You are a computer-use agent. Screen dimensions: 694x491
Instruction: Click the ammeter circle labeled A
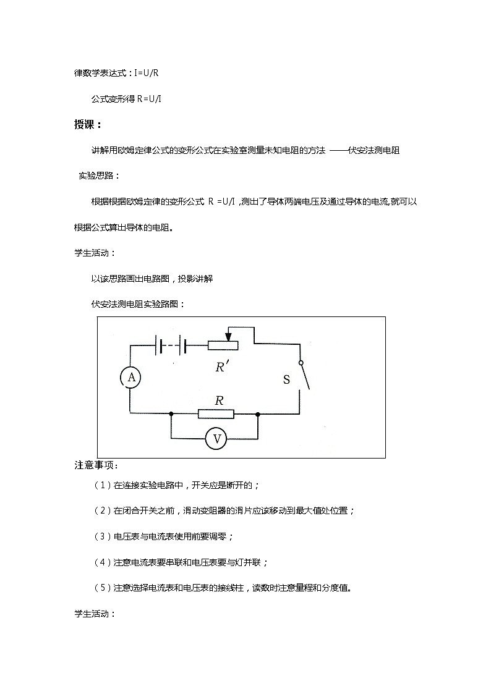tap(130, 377)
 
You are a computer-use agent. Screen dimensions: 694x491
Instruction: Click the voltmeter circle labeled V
tap(217, 439)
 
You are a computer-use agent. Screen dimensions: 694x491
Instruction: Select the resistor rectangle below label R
tap(216, 413)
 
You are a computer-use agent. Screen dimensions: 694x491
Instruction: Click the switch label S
tap(286, 380)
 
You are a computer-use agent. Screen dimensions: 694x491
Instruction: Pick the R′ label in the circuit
tap(222, 366)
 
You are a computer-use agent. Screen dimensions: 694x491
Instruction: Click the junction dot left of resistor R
tap(171, 413)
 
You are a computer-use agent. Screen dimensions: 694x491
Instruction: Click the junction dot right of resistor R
tap(258, 413)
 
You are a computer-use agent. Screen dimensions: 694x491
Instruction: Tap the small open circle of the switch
tap(301, 363)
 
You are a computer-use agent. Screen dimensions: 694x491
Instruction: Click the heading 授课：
tap(88, 125)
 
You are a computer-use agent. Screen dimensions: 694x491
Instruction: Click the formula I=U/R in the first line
tap(148, 73)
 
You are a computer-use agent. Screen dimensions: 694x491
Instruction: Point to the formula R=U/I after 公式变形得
tap(149, 99)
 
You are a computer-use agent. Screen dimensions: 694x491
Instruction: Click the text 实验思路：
tap(100, 176)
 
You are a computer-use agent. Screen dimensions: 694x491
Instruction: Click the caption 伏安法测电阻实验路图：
tap(137, 304)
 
